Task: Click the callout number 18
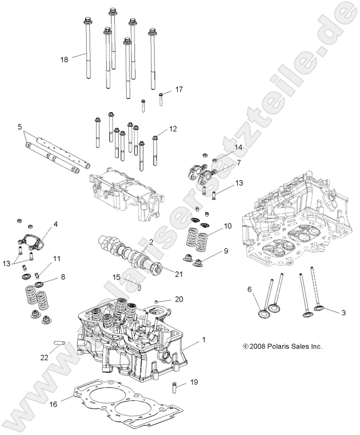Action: (64, 59)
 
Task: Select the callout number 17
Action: (178, 89)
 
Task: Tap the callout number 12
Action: (173, 129)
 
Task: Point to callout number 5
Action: (20, 126)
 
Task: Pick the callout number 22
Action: (44, 357)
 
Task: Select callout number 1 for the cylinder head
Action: (203, 340)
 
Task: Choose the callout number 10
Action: (228, 226)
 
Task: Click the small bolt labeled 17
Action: (161, 99)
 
